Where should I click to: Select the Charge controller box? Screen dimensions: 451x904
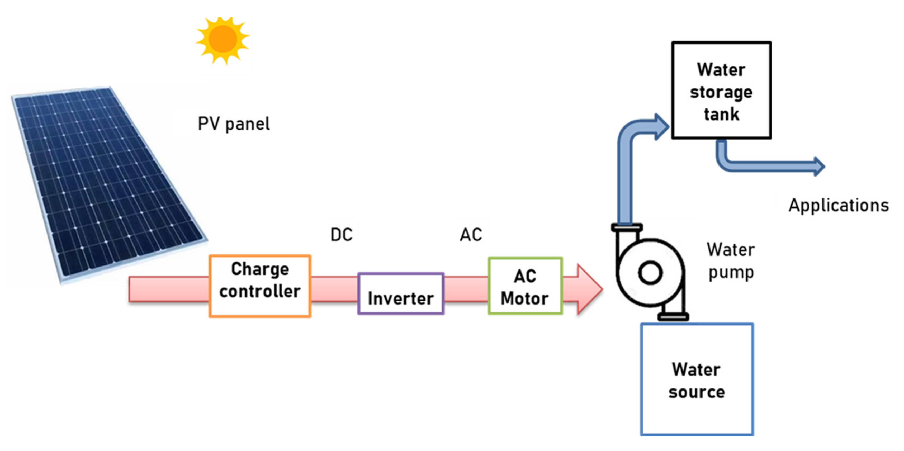(x=260, y=286)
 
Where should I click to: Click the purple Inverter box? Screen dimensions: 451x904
(x=401, y=294)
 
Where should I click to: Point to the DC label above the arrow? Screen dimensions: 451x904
(x=341, y=234)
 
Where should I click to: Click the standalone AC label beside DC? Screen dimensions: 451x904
(x=471, y=234)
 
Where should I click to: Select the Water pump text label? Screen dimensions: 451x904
(x=731, y=261)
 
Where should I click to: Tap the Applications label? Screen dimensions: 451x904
(x=839, y=205)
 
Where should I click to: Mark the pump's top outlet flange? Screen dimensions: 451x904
(x=627, y=228)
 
